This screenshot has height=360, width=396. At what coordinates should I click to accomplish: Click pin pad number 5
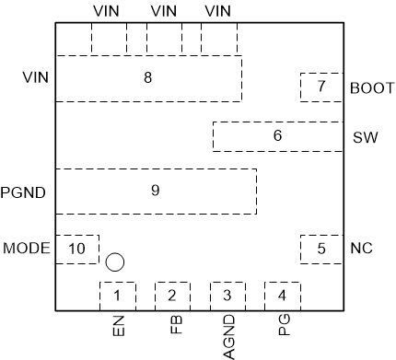pyautogui.click(x=321, y=248)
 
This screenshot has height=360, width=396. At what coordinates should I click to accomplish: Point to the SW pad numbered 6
pyautogui.click(x=277, y=136)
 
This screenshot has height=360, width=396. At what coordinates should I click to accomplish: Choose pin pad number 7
pyautogui.click(x=321, y=87)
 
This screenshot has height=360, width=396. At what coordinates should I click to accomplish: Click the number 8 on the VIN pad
pyautogui.click(x=147, y=78)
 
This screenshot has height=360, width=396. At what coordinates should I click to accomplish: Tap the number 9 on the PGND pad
pyautogui.click(x=155, y=191)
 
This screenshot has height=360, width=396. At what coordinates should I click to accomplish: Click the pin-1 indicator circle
pyautogui.click(x=115, y=261)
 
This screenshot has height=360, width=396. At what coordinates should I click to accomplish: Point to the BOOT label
pyautogui.click(x=372, y=89)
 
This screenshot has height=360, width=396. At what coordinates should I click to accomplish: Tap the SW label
pyautogui.click(x=364, y=138)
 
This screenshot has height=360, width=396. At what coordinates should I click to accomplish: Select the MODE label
pyautogui.click(x=27, y=249)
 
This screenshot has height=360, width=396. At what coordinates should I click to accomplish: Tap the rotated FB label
pyautogui.click(x=174, y=325)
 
